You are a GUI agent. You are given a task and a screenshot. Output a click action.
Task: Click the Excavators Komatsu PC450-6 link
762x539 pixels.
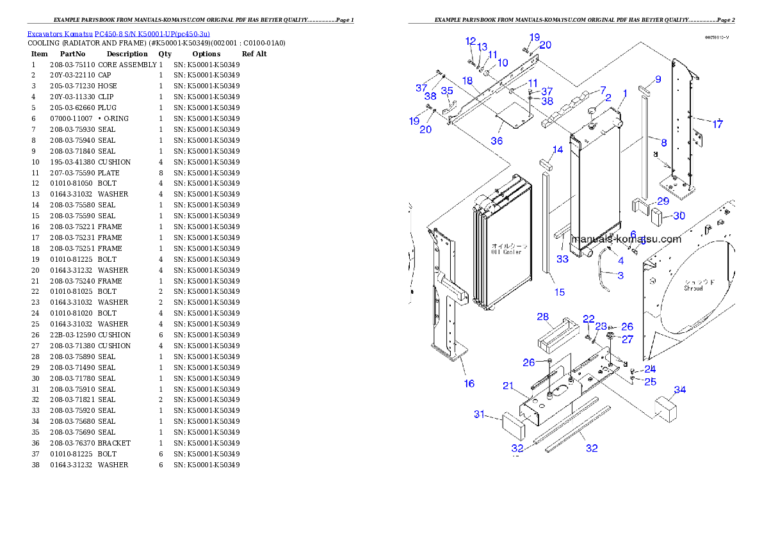118,33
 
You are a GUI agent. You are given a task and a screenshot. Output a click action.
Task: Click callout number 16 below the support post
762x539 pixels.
469,383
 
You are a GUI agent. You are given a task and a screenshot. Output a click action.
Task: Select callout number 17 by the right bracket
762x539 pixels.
718,124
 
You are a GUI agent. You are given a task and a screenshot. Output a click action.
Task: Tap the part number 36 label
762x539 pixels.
497,141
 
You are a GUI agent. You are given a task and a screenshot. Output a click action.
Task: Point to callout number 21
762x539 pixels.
508,385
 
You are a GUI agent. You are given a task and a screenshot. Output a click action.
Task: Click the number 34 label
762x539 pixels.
680,390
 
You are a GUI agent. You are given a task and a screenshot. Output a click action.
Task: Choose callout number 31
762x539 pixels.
480,414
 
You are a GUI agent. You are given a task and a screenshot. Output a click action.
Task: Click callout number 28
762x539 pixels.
543,317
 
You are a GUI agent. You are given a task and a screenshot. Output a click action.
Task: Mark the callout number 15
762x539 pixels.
560,292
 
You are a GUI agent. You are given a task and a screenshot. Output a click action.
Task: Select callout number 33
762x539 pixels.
562,259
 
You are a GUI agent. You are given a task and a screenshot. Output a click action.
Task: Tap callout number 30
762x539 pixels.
679,216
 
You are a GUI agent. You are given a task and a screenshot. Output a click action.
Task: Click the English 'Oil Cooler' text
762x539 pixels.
506,252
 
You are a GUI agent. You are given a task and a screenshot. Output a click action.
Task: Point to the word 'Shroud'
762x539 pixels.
693,289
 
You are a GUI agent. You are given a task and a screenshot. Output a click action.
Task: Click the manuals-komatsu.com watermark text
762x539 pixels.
626,239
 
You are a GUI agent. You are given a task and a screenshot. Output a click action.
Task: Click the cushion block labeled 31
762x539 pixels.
513,423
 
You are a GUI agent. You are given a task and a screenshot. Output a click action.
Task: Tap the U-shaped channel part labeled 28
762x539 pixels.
553,335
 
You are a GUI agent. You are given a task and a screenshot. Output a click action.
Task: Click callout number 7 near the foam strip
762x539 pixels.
602,90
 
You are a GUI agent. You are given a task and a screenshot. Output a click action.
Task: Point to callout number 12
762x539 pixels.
471,42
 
